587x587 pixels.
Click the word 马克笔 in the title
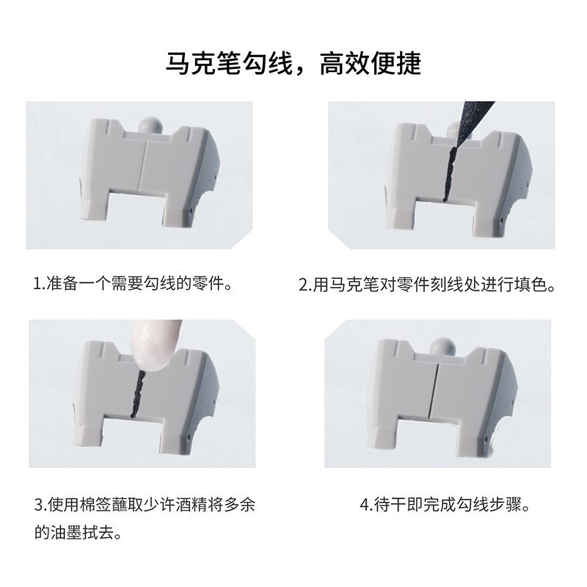(x=208, y=64)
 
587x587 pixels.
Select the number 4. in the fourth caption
(x=365, y=506)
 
